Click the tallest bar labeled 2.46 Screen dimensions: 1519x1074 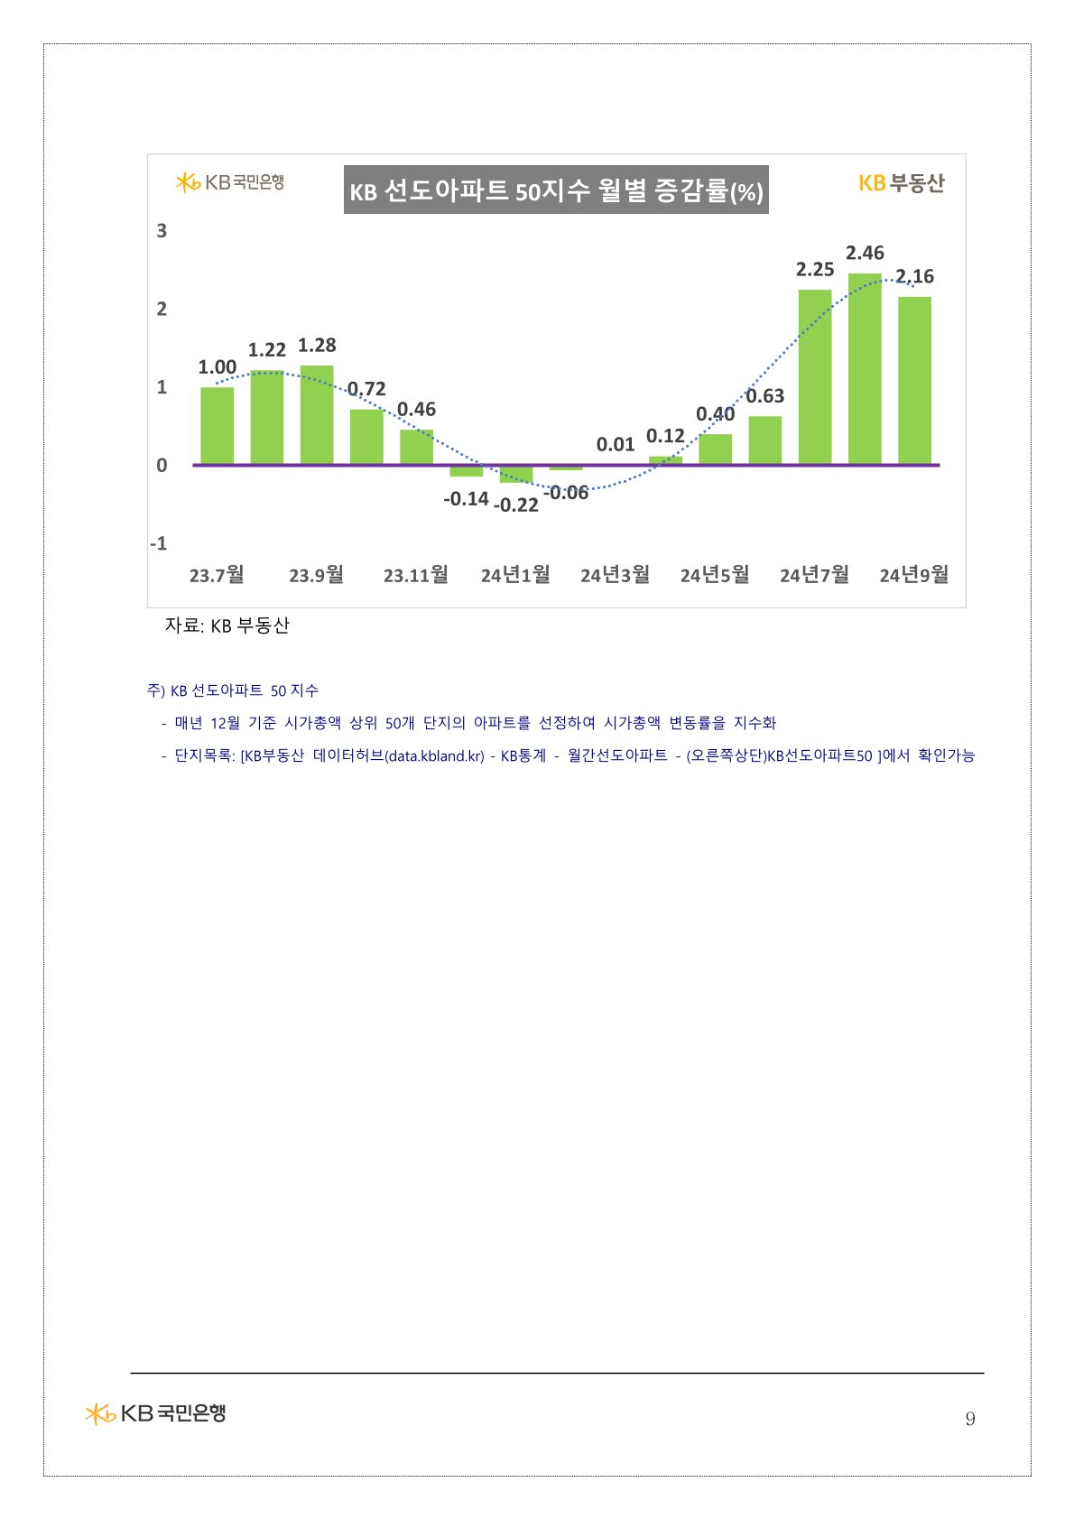click(x=864, y=368)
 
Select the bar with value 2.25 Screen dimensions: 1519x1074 click(x=814, y=376)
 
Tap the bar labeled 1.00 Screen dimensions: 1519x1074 click(x=217, y=425)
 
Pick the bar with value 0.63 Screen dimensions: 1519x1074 click(x=764, y=440)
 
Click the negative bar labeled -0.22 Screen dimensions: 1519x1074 click(x=515, y=475)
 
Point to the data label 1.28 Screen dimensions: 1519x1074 click(x=317, y=345)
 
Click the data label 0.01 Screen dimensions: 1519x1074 click(x=615, y=444)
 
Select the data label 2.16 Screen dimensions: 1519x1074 click(x=914, y=276)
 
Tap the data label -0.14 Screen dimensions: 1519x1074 click(x=466, y=498)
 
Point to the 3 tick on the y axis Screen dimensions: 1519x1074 click(x=162, y=231)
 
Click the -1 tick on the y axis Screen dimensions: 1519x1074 click(x=159, y=543)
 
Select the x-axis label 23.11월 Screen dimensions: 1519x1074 click(x=415, y=575)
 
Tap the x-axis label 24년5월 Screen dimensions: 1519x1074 click(x=714, y=575)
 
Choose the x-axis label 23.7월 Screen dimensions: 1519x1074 click(x=217, y=575)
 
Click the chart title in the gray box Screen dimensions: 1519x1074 click(x=556, y=190)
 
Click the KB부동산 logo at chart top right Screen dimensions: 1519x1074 click(x=901, y=183)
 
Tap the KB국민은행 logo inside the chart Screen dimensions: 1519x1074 click(x=230, y=182)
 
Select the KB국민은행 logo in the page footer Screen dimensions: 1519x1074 click(x=155, y=1412)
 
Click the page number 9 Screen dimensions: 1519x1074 click(x=970, y=1419)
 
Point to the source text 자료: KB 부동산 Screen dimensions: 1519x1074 click(x=227, y=625)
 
